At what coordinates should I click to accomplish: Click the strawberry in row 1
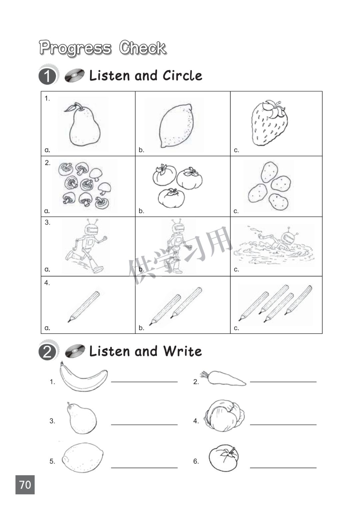269,123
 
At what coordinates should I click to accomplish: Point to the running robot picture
86,246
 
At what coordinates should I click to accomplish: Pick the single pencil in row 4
84,306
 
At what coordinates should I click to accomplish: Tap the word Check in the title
143,48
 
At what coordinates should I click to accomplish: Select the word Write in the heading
182,351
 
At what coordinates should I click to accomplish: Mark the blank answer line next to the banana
144,382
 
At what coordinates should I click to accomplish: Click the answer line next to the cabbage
283,425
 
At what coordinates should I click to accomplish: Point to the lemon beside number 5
83,458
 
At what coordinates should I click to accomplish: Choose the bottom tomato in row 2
171,198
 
